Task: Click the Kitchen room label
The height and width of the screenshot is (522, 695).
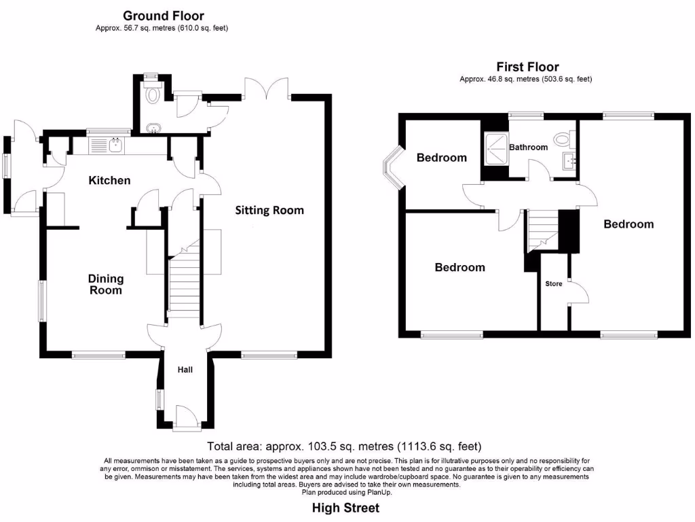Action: (x=109, y=180)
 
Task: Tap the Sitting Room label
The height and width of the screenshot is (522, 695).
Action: (x=269, y=210)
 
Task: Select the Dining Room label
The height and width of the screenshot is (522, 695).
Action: (x=106, y=284)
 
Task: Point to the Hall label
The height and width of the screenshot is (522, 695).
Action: (x=185, y=370)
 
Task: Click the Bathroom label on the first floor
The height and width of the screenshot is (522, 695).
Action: (x=528, y=147)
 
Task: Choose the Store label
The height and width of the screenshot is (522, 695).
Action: (x=554, y=283)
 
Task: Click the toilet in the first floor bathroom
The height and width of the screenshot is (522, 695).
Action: (x=561, y=139)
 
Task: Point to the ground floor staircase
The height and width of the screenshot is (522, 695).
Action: (x=183, y=282)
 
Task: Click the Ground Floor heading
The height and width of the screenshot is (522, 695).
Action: (x=163, y=16)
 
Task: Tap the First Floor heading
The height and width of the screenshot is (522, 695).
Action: (x=527, y=67)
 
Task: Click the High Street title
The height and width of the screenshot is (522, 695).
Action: (x=345, y=508)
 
